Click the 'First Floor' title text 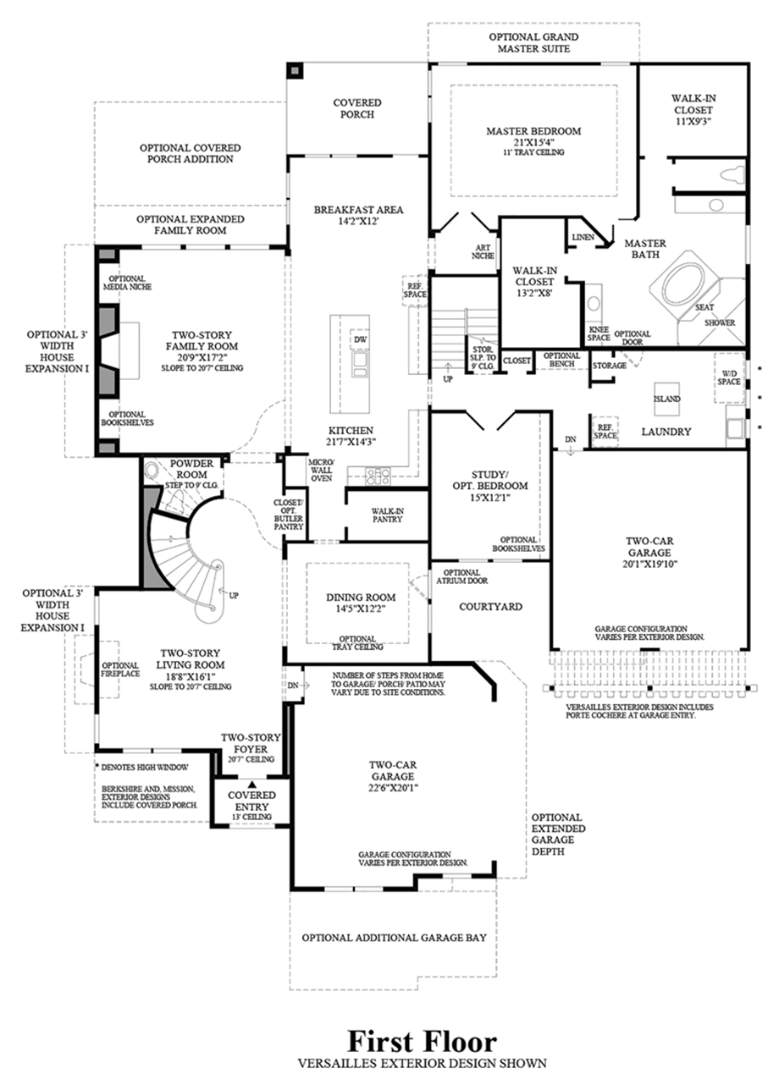click(x=421, y=1040)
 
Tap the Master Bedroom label click(x=533, y=131)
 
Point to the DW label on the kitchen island click(x=359, y=339)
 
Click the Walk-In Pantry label click(x=386, y=515)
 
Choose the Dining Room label click(x=361, y=597)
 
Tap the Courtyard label click(x=490, y=607)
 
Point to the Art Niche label click(x=483, y=252)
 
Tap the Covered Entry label click(x=251, y=801)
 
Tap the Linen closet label click(x=583, y=237)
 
